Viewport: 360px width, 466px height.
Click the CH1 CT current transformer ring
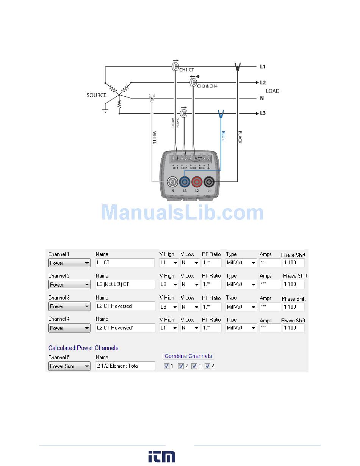[x=175, y=67]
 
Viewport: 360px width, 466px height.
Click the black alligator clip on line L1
[x=238, y=67]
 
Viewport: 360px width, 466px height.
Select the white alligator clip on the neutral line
[x=152, y=99]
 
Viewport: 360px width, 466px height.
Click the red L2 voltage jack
[x=197, y=182]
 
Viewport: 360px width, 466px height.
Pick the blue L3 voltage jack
[x=185, y=182]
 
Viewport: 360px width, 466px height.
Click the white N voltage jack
[x=172, y=182]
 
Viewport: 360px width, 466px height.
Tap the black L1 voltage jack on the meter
[x=209, y=182]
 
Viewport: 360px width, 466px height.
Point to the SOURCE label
[x=96, y=95]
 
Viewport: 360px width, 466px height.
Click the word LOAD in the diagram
[x=272, y=91]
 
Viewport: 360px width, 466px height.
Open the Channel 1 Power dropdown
[x=69, y=263]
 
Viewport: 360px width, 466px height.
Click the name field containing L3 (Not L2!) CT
[x=125, y=284]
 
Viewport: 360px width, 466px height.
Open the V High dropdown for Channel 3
[x=169, y=306]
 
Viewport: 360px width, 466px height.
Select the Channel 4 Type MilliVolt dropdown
[x=241, y=328]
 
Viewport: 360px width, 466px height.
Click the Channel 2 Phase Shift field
[x=293, y=284]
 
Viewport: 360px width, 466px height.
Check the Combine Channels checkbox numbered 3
[x=194, y=366]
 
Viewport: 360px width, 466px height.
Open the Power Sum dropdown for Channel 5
[x=69, y=366]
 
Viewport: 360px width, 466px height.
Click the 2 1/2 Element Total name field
[x=125, y=366]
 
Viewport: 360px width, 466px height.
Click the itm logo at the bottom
[x=162, y=457]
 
